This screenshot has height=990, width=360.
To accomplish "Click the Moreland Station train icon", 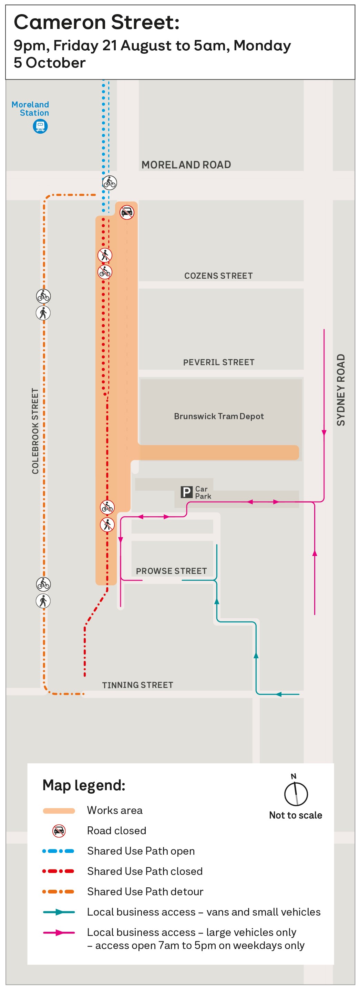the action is pyautogui.click(x=40, y=126).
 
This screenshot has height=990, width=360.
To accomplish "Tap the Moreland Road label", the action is pyautogui.click(x=186, y=165).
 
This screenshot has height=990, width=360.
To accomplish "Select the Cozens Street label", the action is pyautogui.click(x=219, y=276).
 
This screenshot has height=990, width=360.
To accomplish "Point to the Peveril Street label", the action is pyautogui.click(x=219, y=362).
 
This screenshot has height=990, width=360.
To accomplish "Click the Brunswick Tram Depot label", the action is pyautogui.click(x=219, y=416).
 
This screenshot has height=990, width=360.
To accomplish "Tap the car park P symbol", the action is pyautogui.click(x=186, y=492).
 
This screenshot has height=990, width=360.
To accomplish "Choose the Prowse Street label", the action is pyautogui.click(x=171, y=571).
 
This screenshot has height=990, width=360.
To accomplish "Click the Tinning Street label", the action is pyautogui.click(x=137, y=685).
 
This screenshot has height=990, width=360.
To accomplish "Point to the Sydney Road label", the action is pyautogui.click(x=341, y=390).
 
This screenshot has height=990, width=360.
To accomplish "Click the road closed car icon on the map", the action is pyautogui.click(x=127, y=212).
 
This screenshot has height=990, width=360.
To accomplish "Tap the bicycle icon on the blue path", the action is pyautogui.click(x=110, y=182).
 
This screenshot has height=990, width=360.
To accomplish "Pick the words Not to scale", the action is pyautogui.click(x=296, y=815).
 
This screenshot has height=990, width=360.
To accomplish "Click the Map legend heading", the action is pyautogui.click(x=84, y=785).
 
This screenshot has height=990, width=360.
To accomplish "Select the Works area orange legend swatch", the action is pyautogui.click(x=59, y=811).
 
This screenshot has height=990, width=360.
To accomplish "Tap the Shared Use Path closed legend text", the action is pyautogui.click(x=145, y=871).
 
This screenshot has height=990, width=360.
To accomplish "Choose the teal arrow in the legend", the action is pyautogui.click(x=59, y=912).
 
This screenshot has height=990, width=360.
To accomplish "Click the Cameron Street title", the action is pyautogui.click(x=97, y=22).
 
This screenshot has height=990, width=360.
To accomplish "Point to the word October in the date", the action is pyautogui.click(x=56, y=63).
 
